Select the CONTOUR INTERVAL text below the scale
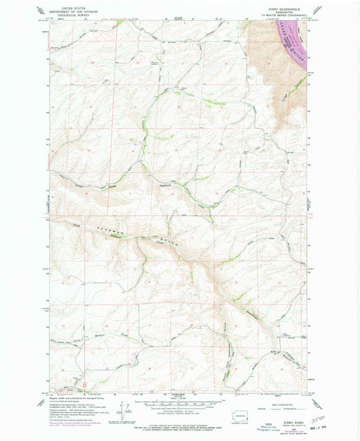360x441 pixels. [178, 415]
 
